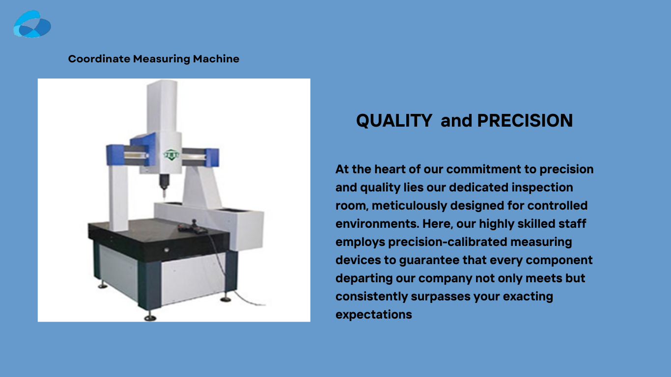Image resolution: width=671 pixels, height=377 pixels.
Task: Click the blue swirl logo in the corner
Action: [32, 24]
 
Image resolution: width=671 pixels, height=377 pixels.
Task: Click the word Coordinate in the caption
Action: [99, 59]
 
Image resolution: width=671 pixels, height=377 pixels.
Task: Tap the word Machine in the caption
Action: [216, 59]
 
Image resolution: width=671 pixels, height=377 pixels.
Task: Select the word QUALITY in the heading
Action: [394, 121]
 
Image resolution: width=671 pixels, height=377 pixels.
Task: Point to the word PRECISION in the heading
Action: [525, 120]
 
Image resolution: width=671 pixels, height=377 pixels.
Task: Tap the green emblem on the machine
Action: [171, 155]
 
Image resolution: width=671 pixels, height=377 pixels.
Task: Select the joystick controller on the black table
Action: [193, 227]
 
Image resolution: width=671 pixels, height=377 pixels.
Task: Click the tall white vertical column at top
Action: [162, 107]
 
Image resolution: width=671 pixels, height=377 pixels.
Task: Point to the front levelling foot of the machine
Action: [150, 317]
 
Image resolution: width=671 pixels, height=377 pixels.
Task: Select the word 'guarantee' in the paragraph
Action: [429, 260]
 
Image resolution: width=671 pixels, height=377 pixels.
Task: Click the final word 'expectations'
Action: [373, 315]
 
